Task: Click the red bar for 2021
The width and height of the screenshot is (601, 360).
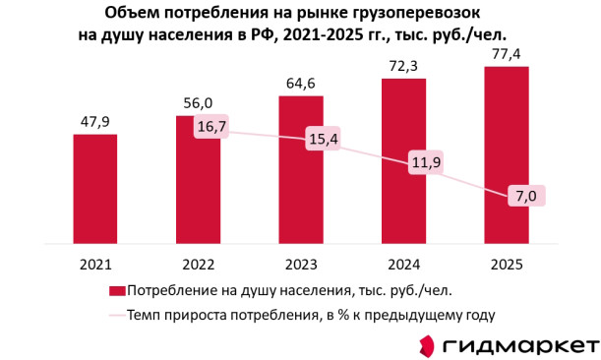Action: (95, 189)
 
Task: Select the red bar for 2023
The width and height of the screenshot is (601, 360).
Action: (301, 170)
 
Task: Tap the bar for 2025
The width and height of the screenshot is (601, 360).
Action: (507, 155)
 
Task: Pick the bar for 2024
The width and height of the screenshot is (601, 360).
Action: (403, 161)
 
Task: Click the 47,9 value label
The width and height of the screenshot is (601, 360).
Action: (95, 122)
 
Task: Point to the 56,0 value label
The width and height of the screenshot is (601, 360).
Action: (198, 103)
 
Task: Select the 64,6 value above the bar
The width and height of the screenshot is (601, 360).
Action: (301, 84)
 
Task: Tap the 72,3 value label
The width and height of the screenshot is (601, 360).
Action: (403, 66)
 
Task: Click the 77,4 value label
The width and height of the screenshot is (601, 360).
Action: (507, 54)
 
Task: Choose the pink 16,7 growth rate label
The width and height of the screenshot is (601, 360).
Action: (211, 126)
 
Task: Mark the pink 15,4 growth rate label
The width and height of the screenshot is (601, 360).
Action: (323, 139)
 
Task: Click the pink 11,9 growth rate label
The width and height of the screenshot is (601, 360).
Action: (426, 162)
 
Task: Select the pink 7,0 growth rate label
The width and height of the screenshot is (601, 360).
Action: (526, 197)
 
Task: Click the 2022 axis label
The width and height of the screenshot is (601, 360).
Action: (198, 265)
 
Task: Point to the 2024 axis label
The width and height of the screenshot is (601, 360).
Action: (404, 265)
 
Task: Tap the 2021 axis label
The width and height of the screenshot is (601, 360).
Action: (95, 265)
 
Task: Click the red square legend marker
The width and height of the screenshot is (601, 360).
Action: (117, 291)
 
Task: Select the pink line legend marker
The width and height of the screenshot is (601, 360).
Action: (117, 316)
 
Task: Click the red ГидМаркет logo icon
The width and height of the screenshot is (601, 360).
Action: (427, 345)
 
